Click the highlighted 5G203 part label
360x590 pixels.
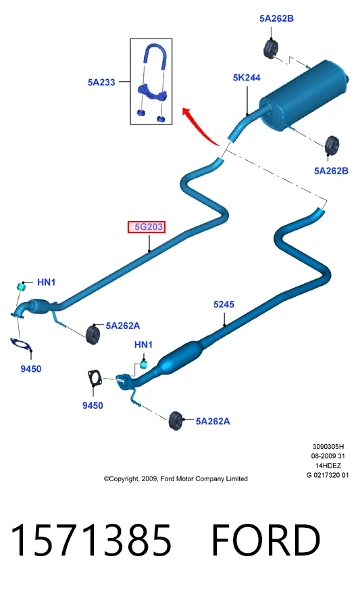point(147,227)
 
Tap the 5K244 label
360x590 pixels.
point(247,78)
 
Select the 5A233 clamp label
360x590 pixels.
point(101,82)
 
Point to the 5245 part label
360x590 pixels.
point(224,304)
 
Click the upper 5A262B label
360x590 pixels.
point(276,18)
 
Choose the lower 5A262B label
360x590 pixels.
point(331,171)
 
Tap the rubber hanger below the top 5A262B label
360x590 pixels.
point(271,48)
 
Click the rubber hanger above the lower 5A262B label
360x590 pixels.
point(332,145)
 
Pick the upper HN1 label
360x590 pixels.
point(47,282)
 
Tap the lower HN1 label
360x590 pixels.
point(143,345)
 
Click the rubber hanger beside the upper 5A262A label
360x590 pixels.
point(93,333)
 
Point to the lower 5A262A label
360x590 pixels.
point(213,421)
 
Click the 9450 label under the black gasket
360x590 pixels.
point(93,405)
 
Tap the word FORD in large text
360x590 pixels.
point(265,541)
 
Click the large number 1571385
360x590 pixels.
point(91,541)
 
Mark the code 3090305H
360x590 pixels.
point(328,447)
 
